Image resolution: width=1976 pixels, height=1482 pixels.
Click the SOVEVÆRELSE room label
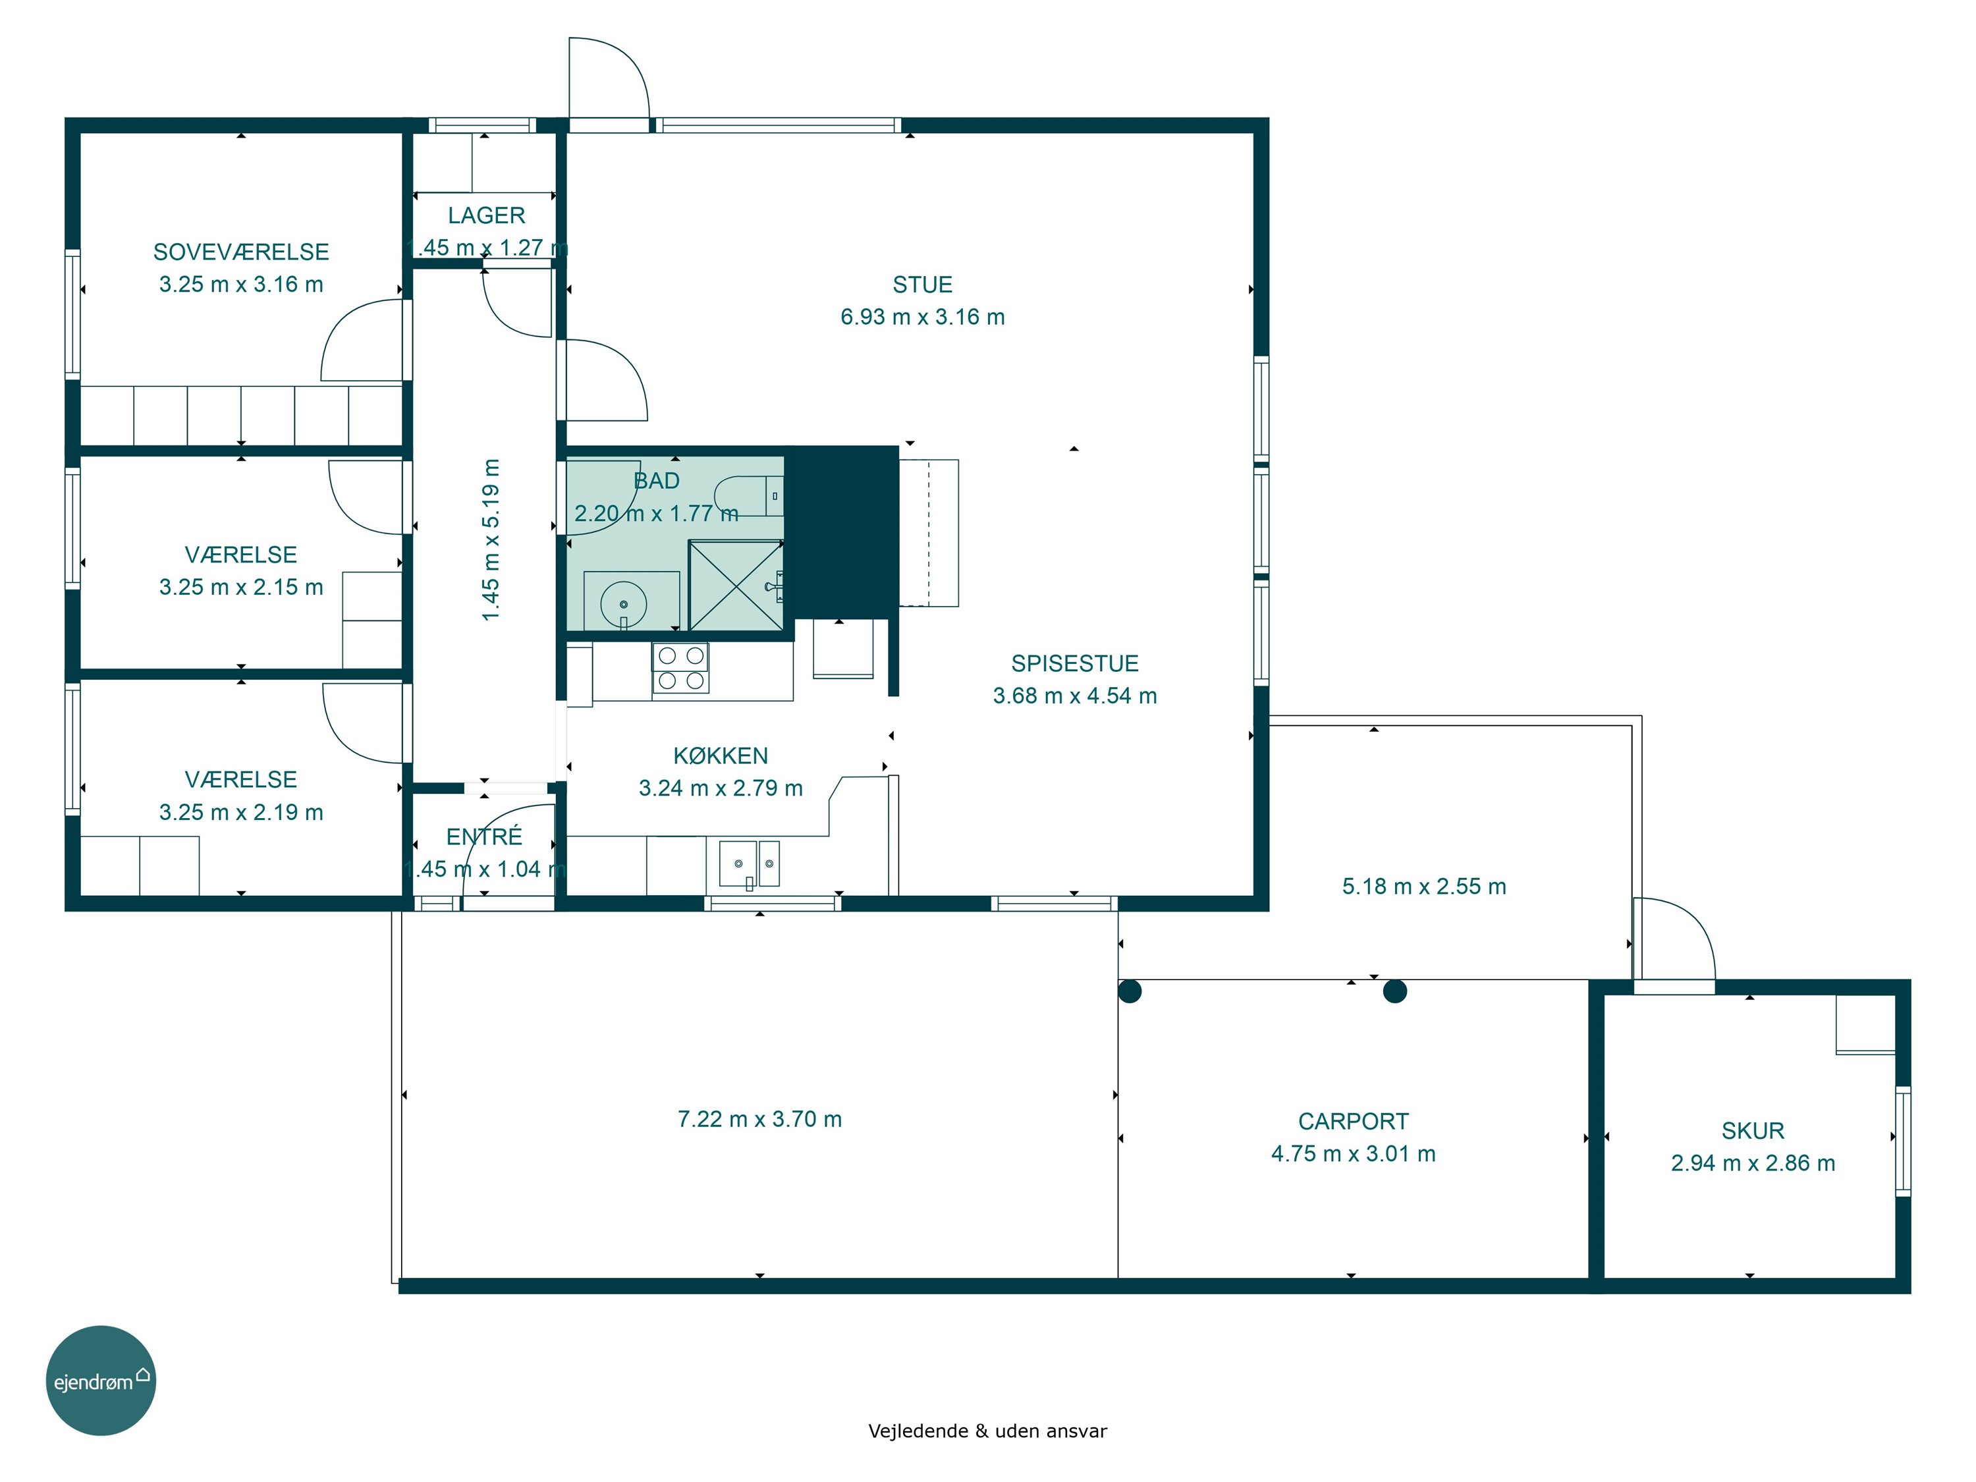(x=241, y=252)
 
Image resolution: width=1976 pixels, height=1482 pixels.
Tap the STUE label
(x=923, y=285)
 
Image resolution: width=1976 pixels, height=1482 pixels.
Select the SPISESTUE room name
(x=1075, y=664)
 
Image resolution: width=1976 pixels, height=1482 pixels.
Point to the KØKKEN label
(x=720, y=755)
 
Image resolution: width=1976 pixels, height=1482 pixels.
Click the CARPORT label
(x=1354, y=1121)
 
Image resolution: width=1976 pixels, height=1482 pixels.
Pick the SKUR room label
(x=1753, y=1131)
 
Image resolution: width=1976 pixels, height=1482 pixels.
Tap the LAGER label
(x=486, y=215)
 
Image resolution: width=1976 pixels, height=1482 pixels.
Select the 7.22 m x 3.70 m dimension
(x=759, y=1119)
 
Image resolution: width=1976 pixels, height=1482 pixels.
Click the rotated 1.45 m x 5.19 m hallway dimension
(x=491, y=539)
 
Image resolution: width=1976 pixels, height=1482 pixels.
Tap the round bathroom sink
(x=624, y=604)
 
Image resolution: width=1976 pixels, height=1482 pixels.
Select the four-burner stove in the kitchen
(x=680, y=668)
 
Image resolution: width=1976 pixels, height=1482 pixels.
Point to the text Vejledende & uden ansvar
(x=987, y=1431)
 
